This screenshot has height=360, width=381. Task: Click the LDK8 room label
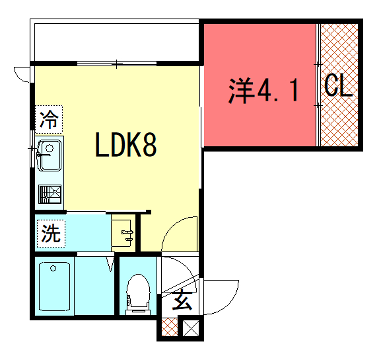pos(126,145)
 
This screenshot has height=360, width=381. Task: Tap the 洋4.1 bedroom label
pos(263,91)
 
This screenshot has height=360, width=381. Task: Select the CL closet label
pos(338,86)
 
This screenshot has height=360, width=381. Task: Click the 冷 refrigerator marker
pos(49,119)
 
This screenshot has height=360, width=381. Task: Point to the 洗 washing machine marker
pos(51,234)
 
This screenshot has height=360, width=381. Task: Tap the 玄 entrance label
pos(182,300)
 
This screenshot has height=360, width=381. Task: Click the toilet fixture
pos(138,294)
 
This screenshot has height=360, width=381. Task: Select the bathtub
pos(55,286)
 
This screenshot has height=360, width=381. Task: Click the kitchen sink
pos(49,155)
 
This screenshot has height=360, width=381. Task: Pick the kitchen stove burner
pos(49,194)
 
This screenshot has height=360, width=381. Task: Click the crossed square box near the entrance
pos(192,327)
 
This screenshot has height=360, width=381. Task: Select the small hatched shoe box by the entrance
pos(170,327)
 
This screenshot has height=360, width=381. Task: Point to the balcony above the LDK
pos(115,42)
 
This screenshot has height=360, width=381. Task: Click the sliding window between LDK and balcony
pos(117,63)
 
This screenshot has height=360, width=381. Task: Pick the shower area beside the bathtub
pos(94,286)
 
